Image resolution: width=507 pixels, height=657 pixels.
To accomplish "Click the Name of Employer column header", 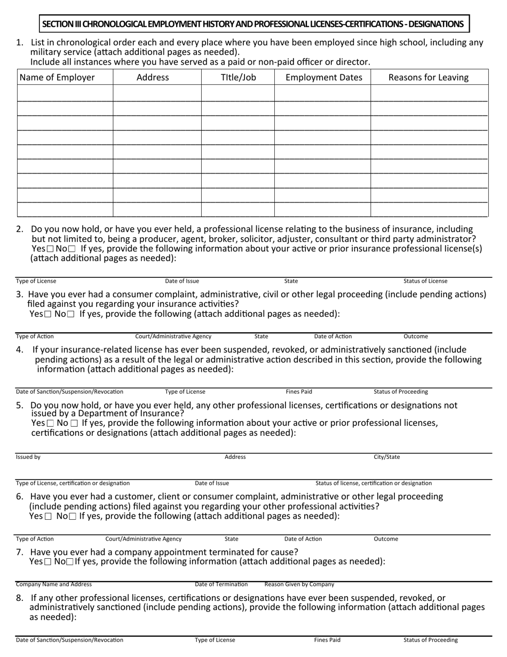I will [x=57, y=77].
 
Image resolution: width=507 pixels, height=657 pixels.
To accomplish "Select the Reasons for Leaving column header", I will [x=429, y=77].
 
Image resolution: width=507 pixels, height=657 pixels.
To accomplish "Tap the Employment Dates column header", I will [x=324, y=77].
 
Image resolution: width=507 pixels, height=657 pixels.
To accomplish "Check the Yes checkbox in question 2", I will [x=50, y=249].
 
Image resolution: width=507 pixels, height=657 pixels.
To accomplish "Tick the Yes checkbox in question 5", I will [x=50, y=423].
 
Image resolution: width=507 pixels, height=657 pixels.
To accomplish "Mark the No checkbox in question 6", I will [x=73, y=517].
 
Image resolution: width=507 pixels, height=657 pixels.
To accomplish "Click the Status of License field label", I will [x=425, y=281].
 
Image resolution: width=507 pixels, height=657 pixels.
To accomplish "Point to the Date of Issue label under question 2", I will [x=182, y=281].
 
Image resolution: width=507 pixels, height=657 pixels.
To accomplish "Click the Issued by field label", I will [x=28, y=457].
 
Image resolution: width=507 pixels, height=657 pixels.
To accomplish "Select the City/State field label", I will [x=386, y=457].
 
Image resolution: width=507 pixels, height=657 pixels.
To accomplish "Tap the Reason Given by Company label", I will [x=299, y=584].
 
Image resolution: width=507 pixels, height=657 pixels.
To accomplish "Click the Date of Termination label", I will [x=221, y=584].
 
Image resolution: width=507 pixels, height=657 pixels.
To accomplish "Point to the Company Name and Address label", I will [x=54, y=584].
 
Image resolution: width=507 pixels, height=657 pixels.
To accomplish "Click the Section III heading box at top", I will [x=253, y=24].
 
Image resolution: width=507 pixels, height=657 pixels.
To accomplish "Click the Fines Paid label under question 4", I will [x=299, y=392].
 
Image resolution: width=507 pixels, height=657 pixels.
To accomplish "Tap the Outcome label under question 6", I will [x=386, y=539].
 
